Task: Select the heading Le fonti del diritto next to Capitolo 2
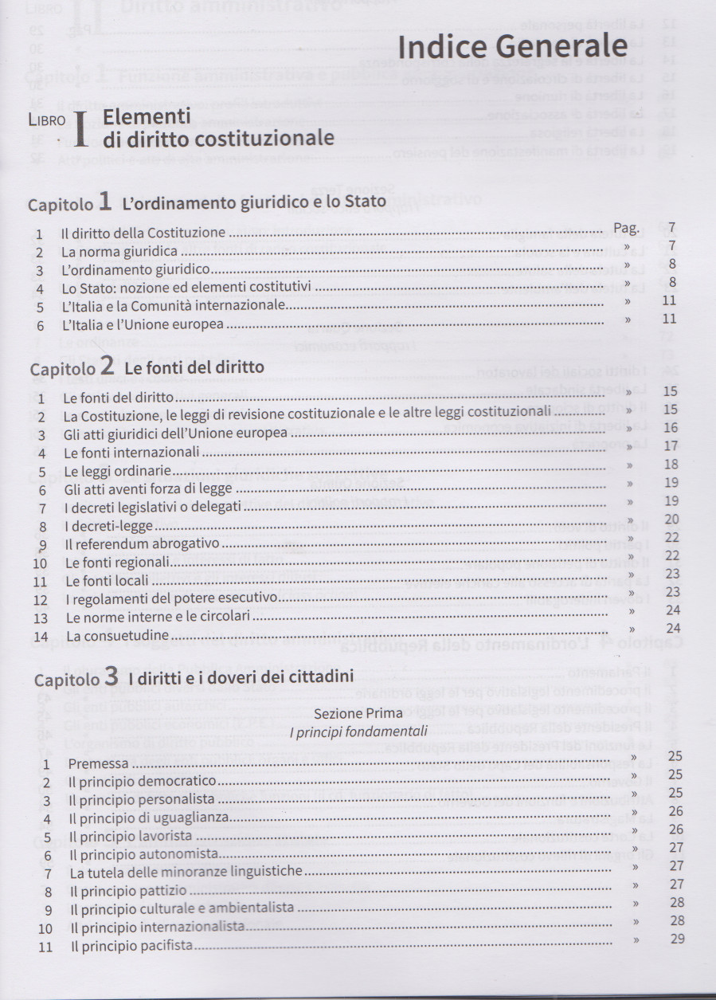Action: (194, 367)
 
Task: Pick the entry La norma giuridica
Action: (119, 252)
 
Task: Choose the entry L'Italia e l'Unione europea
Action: (143, 325)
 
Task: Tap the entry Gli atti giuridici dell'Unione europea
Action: (175, 434)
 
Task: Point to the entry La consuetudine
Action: (118, 636)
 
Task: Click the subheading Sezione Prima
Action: (358, 714)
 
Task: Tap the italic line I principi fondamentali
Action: (358, 731)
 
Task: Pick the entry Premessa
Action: (98, 764)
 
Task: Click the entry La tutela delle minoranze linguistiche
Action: (186, 873)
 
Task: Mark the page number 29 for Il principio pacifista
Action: (677, 939)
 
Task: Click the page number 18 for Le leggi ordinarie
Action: (671, 465)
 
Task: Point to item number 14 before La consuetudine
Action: (42, 637)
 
